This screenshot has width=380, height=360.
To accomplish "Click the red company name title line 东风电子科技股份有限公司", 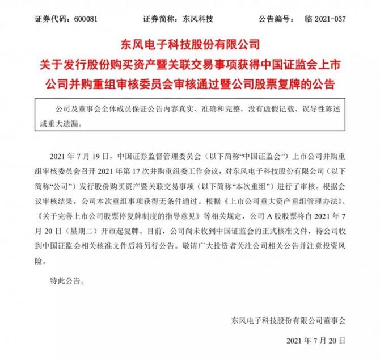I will point(190,43).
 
